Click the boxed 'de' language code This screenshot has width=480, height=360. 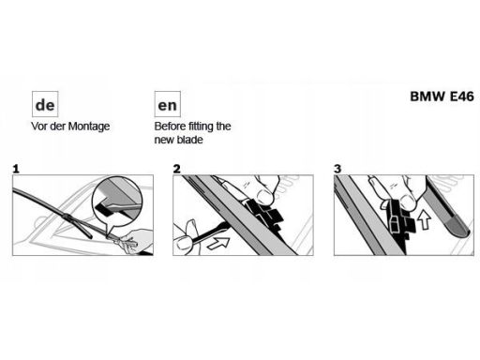coord(45,104)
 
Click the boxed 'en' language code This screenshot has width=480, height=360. coord(168,104)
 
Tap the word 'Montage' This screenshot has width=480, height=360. coord(89,127)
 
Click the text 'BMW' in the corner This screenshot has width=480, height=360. coord(427,97)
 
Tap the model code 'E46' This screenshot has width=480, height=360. coord(462,97)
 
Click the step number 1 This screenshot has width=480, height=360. coord(16,169)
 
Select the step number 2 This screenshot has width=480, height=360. coord(177,169)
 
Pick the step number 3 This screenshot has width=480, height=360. coord(337,169)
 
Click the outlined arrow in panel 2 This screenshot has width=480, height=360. coord(218,243)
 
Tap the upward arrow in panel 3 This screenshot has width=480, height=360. coord(425,219)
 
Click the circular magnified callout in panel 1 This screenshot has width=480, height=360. coord(117,202)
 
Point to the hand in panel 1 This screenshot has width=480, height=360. coord(134,241)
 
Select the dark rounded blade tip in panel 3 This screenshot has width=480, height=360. coord(457,227)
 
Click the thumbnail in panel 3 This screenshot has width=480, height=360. coord(408,202)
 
